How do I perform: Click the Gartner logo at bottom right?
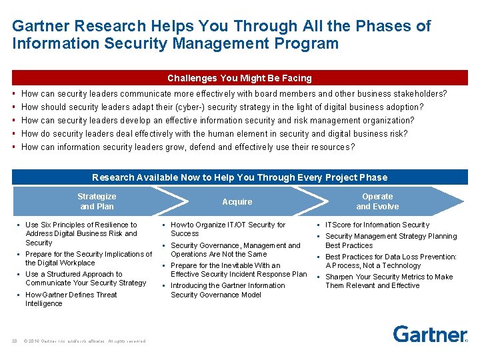point(429,333)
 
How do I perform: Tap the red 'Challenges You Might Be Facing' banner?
point(239,78)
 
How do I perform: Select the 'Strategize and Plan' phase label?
point(97,201)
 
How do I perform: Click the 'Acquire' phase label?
point(237,201)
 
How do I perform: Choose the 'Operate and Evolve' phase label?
point(377,201)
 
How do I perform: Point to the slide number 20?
point(14,341)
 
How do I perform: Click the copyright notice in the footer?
point(85,341)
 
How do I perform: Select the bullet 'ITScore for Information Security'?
point(377,225)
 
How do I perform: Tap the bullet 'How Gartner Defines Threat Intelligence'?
point(71,299)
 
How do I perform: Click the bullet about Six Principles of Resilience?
point(81,233)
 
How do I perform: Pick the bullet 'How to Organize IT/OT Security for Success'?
point(228,229)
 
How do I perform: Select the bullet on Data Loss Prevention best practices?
point(391,261)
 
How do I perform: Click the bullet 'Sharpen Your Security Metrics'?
point(389,281)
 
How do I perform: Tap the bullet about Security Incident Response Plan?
point(239,269)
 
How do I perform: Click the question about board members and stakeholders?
point(234,94)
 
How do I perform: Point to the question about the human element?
point(214,133)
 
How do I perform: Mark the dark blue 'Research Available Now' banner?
point(239,177)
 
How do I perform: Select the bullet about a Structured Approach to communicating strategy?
point(85,278)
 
